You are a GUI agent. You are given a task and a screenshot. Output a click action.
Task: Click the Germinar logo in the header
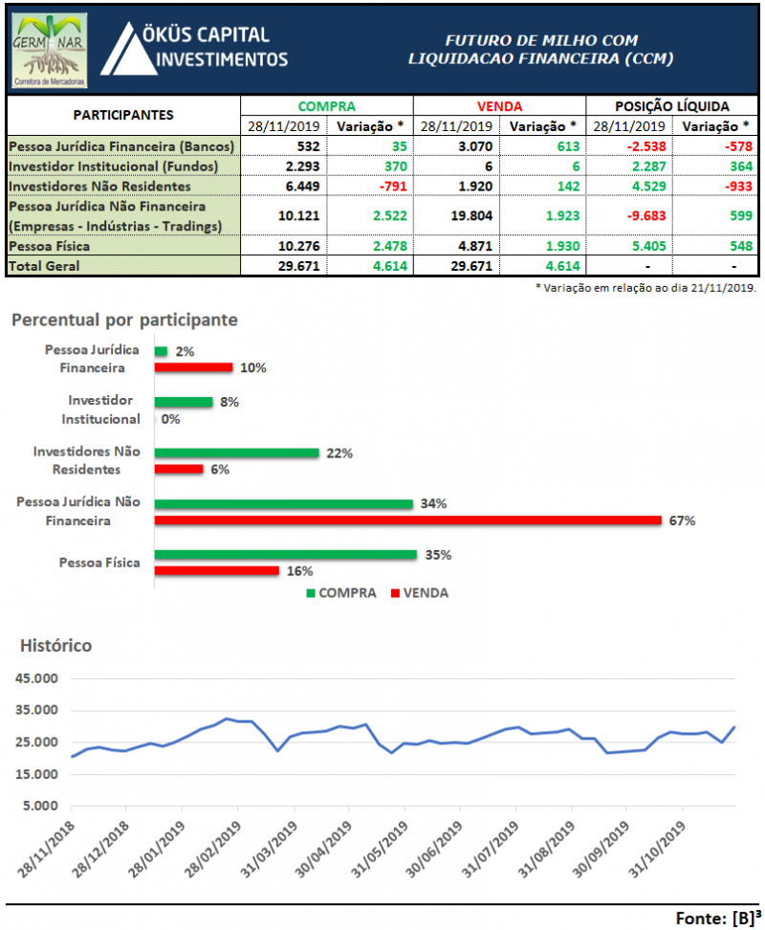(x=51, y=50)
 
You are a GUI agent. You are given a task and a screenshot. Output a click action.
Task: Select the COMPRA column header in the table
(x=326, y=106)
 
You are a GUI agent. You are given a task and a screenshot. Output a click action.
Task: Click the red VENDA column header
(x=499, y=106)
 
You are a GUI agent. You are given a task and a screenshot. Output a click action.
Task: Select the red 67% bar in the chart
(x=407, y=520)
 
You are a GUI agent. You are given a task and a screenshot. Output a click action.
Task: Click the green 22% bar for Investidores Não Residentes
(x=236, y=453)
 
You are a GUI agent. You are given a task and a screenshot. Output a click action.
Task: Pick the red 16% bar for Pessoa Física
(x=217, y=570)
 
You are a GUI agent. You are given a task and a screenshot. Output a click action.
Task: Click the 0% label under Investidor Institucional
(x=171, y=419)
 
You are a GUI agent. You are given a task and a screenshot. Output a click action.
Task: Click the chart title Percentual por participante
(x=124, y=319)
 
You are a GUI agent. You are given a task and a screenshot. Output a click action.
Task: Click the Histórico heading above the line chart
(x=56, y=645)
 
